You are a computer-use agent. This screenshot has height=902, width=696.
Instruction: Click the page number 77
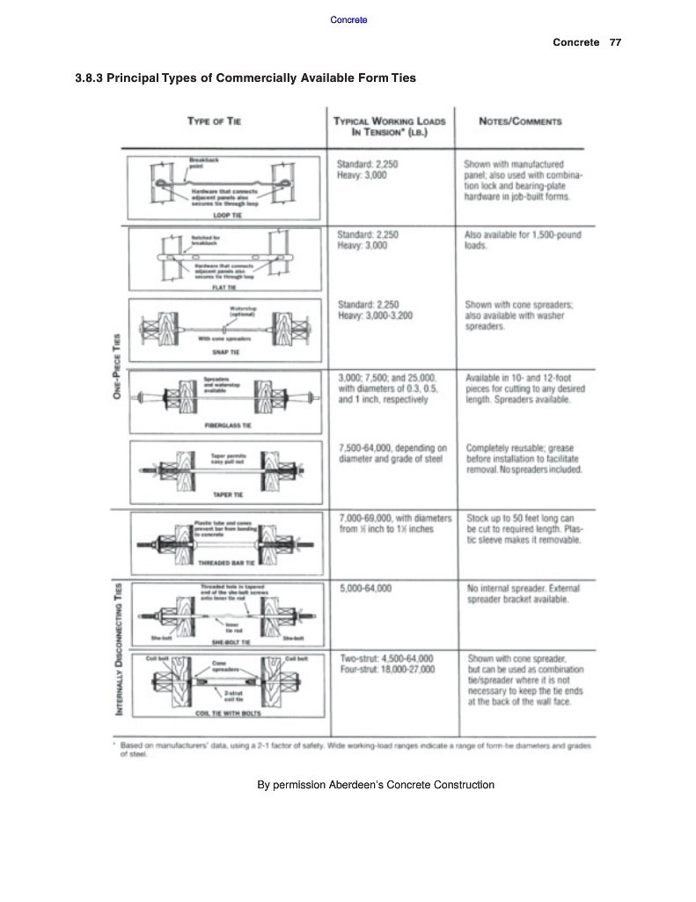click(x=615, y=42)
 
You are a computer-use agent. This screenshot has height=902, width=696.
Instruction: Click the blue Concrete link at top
click(x=348, y=20)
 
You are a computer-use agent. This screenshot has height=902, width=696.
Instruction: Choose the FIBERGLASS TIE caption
click(x=216, y=424)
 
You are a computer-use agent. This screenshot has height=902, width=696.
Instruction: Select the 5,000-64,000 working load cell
click(x=365, y=587)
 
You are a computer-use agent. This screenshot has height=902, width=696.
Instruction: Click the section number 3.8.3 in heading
click(x=90, y=78)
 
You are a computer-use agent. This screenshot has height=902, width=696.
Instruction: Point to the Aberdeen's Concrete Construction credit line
click(x=376, y=784)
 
